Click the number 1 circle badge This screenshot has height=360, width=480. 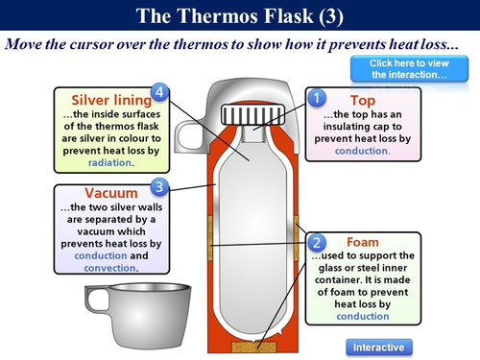[317, 98]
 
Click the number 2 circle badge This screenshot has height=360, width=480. [318, 244]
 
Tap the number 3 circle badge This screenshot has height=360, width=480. [161, 186]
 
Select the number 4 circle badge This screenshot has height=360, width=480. [161, 92]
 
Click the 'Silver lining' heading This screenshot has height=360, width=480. [111, 99]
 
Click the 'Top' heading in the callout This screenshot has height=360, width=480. [364, 99]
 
